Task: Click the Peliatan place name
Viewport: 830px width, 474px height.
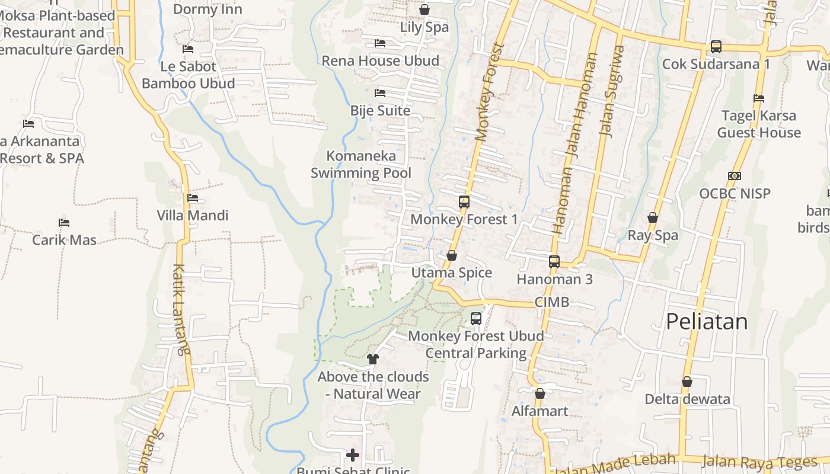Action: (707, 321)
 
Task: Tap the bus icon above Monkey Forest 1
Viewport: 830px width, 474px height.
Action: (464, 202)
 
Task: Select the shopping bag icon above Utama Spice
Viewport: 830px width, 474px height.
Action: (452, 255)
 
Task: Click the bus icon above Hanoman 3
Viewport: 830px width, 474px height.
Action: (554, 261)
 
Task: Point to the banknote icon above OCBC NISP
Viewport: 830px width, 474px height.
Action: (735, 176)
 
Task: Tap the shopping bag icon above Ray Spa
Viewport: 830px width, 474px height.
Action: (653, 218)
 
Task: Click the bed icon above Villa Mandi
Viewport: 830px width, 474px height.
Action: (193, 198)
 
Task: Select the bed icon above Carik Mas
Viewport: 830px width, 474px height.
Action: (64, 223)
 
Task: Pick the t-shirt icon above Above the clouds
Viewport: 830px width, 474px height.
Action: (373, 358)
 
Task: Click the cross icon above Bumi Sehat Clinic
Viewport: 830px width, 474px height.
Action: (353, 455)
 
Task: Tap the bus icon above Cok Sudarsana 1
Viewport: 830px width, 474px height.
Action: (716, 46)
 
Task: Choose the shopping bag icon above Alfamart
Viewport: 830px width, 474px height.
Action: (540, 393)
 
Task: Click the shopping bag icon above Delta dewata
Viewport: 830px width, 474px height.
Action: (687, 382)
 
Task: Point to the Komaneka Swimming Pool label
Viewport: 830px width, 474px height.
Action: (361, 164)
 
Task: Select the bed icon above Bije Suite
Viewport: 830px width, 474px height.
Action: (380, 93)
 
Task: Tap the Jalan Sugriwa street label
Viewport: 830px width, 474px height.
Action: (612, 92)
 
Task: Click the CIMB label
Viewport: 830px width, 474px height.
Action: (552, 302)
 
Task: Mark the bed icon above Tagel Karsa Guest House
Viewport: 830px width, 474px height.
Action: (759, 98)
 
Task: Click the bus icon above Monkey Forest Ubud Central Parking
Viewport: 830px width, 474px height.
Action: (476, 319)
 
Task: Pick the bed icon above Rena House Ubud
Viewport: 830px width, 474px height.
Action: (380, 43)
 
